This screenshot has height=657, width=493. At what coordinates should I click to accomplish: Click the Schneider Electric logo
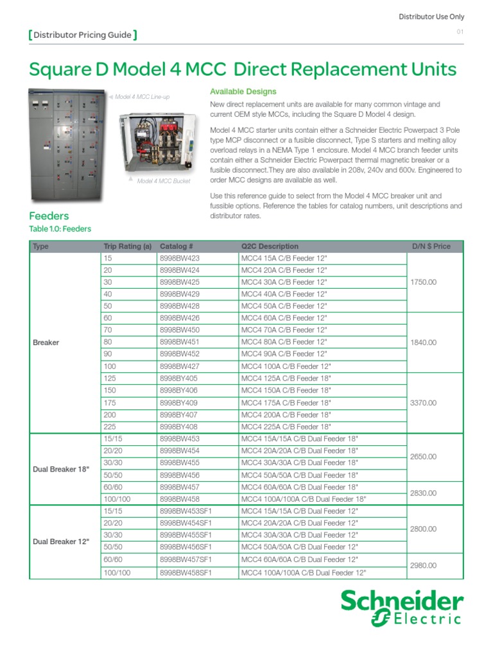[x=401, y=608]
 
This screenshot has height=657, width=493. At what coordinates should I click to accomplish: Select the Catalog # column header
[x=177, y=246]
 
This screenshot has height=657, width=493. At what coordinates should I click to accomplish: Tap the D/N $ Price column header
[x=431, y=246]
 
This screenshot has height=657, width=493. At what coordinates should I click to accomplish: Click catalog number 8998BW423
[x=179, y=258]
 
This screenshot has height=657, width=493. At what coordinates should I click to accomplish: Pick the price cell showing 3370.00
[x=423, y=403]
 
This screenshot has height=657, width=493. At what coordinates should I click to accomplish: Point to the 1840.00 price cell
[x=423, y=343]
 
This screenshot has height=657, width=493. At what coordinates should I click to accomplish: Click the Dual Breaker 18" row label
[x=61, y=469]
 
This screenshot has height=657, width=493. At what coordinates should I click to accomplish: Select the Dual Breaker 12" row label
[x=61, y=542]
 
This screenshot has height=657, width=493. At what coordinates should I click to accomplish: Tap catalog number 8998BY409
[x=179, y=403]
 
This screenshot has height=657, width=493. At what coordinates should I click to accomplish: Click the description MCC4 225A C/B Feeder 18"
[x=286, y=427]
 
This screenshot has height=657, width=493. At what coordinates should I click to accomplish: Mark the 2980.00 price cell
[x=423, y=565]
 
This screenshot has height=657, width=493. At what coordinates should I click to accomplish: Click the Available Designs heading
[x=243, y=92]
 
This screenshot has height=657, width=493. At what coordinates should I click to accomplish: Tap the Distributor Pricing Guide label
[x=83, y=35]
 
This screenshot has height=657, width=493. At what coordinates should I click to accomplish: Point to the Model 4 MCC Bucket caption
[x=160, y=182]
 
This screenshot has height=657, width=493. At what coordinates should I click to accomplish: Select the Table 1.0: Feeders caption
[x=60, y=229]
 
